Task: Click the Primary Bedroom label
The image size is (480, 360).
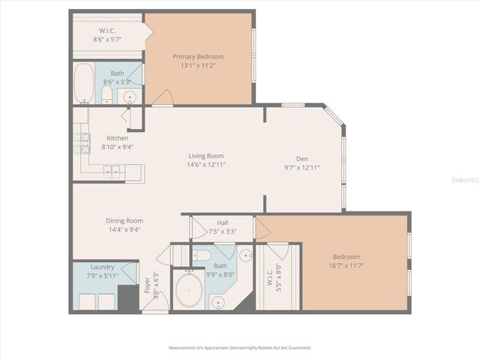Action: [x=198, y=56]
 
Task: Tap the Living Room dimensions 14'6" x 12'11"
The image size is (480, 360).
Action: [x=205, y=164]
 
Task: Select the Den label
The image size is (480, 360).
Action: [x=302, y=158]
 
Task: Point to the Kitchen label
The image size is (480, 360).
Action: [x=117, y=138]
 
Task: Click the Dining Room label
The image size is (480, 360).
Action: [x=124, y=220]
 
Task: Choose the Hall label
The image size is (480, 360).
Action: [x=223, y=223]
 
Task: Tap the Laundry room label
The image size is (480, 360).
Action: [x=102, y=267]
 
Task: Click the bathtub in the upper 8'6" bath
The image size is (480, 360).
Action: [x=84, y=82]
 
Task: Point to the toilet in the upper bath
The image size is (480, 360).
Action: [x=106, y=94]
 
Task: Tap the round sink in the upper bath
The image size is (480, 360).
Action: [x=130, y=96]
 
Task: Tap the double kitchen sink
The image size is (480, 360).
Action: [x=112, y=172]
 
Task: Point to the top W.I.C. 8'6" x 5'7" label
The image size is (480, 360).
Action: [x=108, y=34]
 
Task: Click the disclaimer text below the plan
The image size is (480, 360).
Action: [x=240, y=348]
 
